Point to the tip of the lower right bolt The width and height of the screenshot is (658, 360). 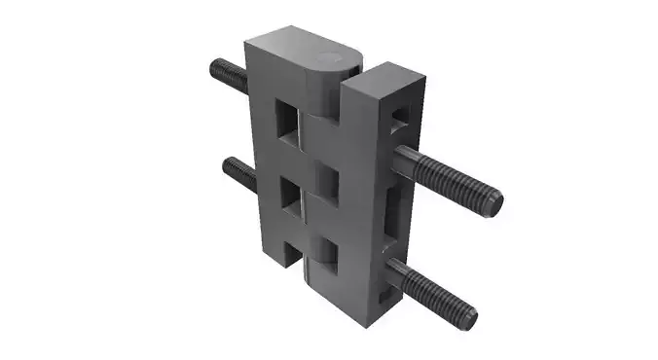pos(469,317)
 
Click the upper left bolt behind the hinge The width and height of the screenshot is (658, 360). pos(226,72)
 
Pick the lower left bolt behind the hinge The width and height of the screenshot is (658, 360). pos(237,172)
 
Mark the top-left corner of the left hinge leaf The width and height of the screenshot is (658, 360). pos(247,41)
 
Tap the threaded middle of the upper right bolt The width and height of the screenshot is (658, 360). pos(448,178)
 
